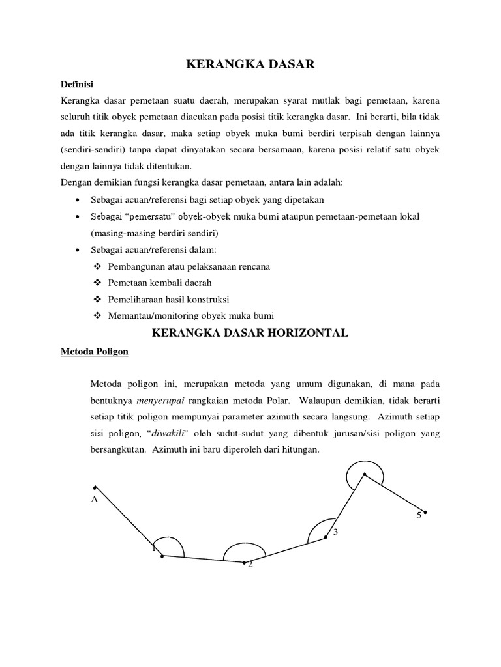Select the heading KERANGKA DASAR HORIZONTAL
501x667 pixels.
tap(250, 333)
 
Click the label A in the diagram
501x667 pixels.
tap(94, 500)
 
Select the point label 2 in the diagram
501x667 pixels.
tap(249, 565)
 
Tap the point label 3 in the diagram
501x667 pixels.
tap(335, 533)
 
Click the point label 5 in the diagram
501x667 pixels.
tap(419, 515)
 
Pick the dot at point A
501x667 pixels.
tap(95, 487)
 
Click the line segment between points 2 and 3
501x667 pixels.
tap(285, 550)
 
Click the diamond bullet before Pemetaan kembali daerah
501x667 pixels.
tap(98, 283)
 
